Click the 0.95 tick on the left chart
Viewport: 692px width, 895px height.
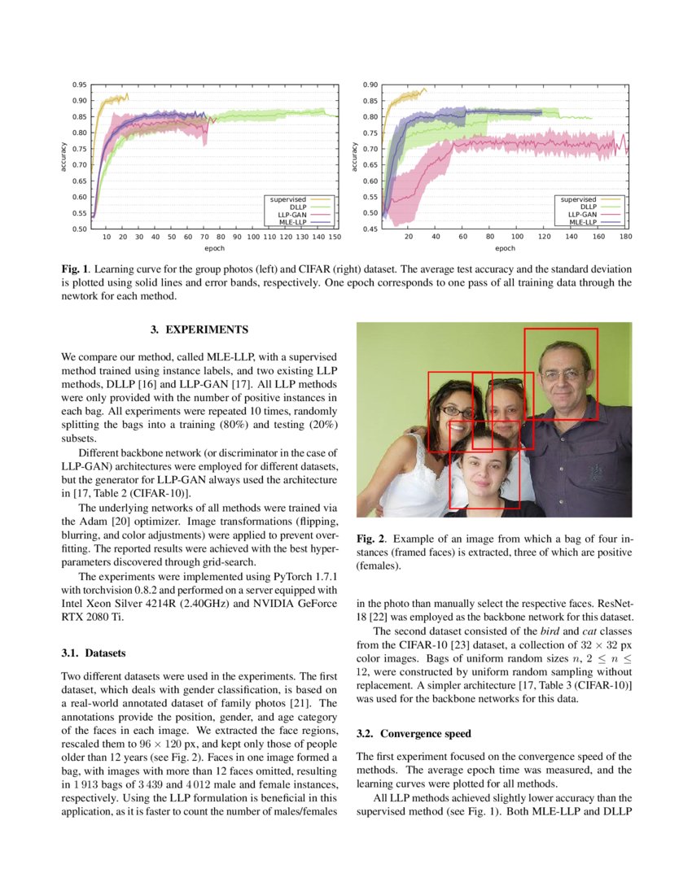[x=79, y=85]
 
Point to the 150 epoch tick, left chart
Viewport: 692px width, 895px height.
[x=335, y=237]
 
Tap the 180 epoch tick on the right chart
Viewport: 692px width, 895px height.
[x=625, y=237]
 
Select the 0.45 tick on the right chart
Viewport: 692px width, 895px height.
[x=370, y=229]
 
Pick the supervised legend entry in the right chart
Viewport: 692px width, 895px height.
[x=579, y=199]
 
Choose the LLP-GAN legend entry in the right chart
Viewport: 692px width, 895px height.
[x=582, y=214]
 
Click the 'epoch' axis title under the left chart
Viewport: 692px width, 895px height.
[x=214, y=248]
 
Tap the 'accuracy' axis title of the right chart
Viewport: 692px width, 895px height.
[x=355, y=157]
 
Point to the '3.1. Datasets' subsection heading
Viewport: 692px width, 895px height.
[x=94, y=653]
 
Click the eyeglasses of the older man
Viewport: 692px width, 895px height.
[x=563, y=375]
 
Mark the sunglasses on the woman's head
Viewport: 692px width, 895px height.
[x=506, y=382]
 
